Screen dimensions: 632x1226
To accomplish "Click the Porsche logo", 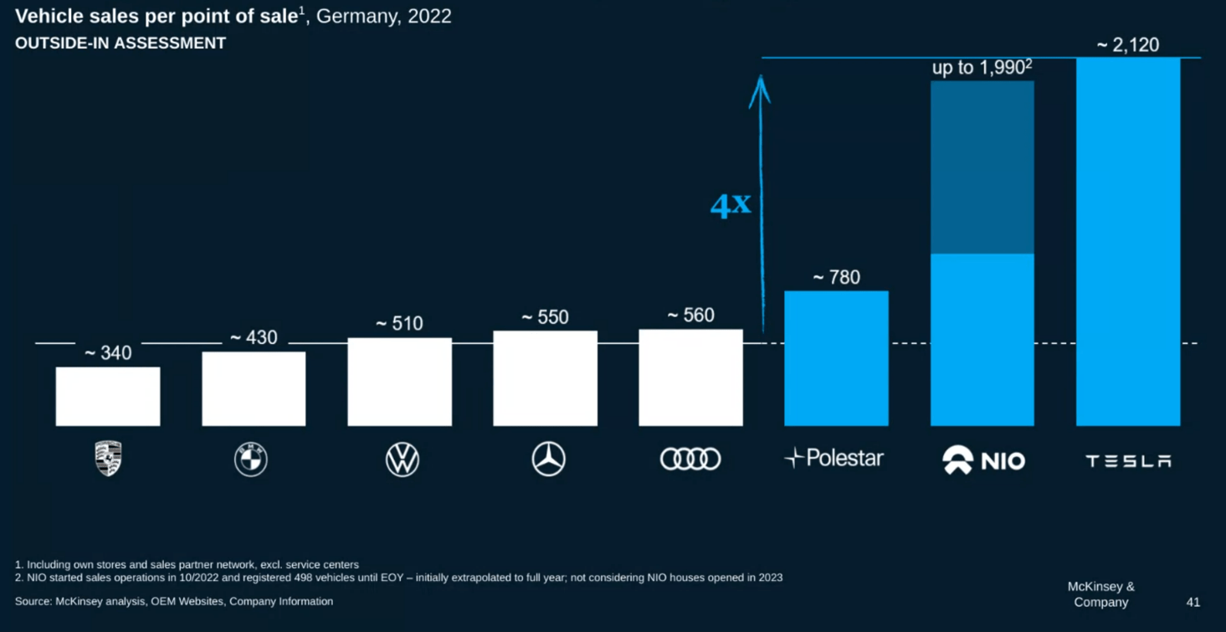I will coord(108,459).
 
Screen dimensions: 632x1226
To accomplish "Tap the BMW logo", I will coord(250,460).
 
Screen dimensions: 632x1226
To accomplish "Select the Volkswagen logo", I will coord(403,460).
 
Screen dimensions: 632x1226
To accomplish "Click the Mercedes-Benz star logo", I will coord(549,460).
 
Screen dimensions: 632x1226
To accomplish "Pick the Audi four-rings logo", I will coord(690,459).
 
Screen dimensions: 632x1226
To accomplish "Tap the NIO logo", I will coord(983,460).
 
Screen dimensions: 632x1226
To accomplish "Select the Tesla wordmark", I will coord(1128,460).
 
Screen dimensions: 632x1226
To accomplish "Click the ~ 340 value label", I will coord(108,353).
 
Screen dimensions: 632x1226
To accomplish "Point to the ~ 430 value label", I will coord(254,337).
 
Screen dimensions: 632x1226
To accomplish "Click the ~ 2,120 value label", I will coord(1128,45).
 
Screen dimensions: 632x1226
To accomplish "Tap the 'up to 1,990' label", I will coord(982,68).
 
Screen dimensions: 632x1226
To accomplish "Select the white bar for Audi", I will coord(690,378).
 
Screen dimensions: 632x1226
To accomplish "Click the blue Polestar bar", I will coord(836,358).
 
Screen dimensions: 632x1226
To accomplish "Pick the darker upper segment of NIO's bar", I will coord(982,167).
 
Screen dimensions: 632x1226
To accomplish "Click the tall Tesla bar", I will coord(1128,242).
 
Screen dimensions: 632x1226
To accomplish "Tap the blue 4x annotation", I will coord(730,205).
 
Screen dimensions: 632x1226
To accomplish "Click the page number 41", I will coord(1193,602).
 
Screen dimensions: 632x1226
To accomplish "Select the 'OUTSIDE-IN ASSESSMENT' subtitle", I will coord(121,44).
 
